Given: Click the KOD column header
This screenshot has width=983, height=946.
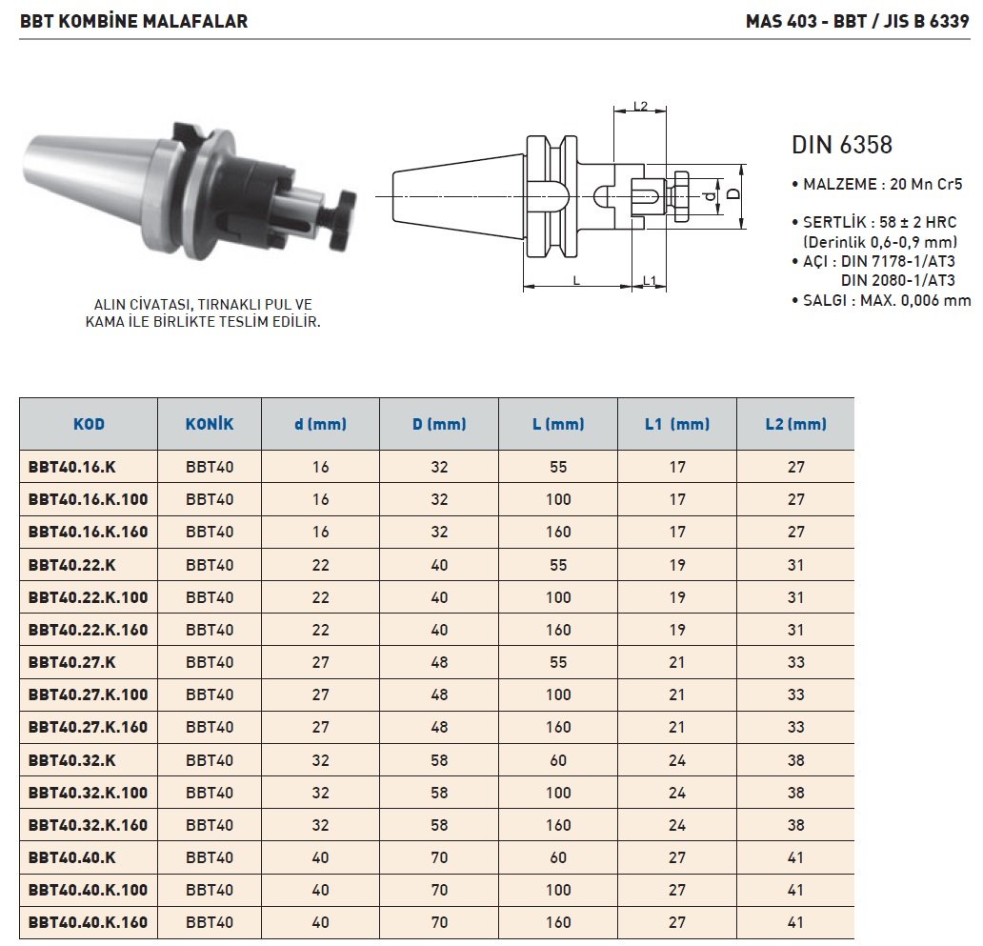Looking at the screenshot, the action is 89,424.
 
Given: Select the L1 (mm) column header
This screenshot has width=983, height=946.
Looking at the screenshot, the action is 677,424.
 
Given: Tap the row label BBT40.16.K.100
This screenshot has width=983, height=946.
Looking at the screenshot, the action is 88,499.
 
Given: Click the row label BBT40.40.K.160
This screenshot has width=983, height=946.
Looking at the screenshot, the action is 88,922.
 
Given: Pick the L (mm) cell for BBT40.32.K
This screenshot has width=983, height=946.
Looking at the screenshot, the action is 558,760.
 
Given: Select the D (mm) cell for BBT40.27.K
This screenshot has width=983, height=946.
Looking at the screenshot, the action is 439,663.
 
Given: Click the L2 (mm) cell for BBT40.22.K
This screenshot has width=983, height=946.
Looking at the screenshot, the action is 795,565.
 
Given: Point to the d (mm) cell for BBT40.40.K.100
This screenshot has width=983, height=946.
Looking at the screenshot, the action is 320,890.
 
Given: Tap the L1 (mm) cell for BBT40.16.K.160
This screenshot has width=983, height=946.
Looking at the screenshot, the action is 677,533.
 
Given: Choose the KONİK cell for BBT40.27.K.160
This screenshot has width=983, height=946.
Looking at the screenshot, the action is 210,727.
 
